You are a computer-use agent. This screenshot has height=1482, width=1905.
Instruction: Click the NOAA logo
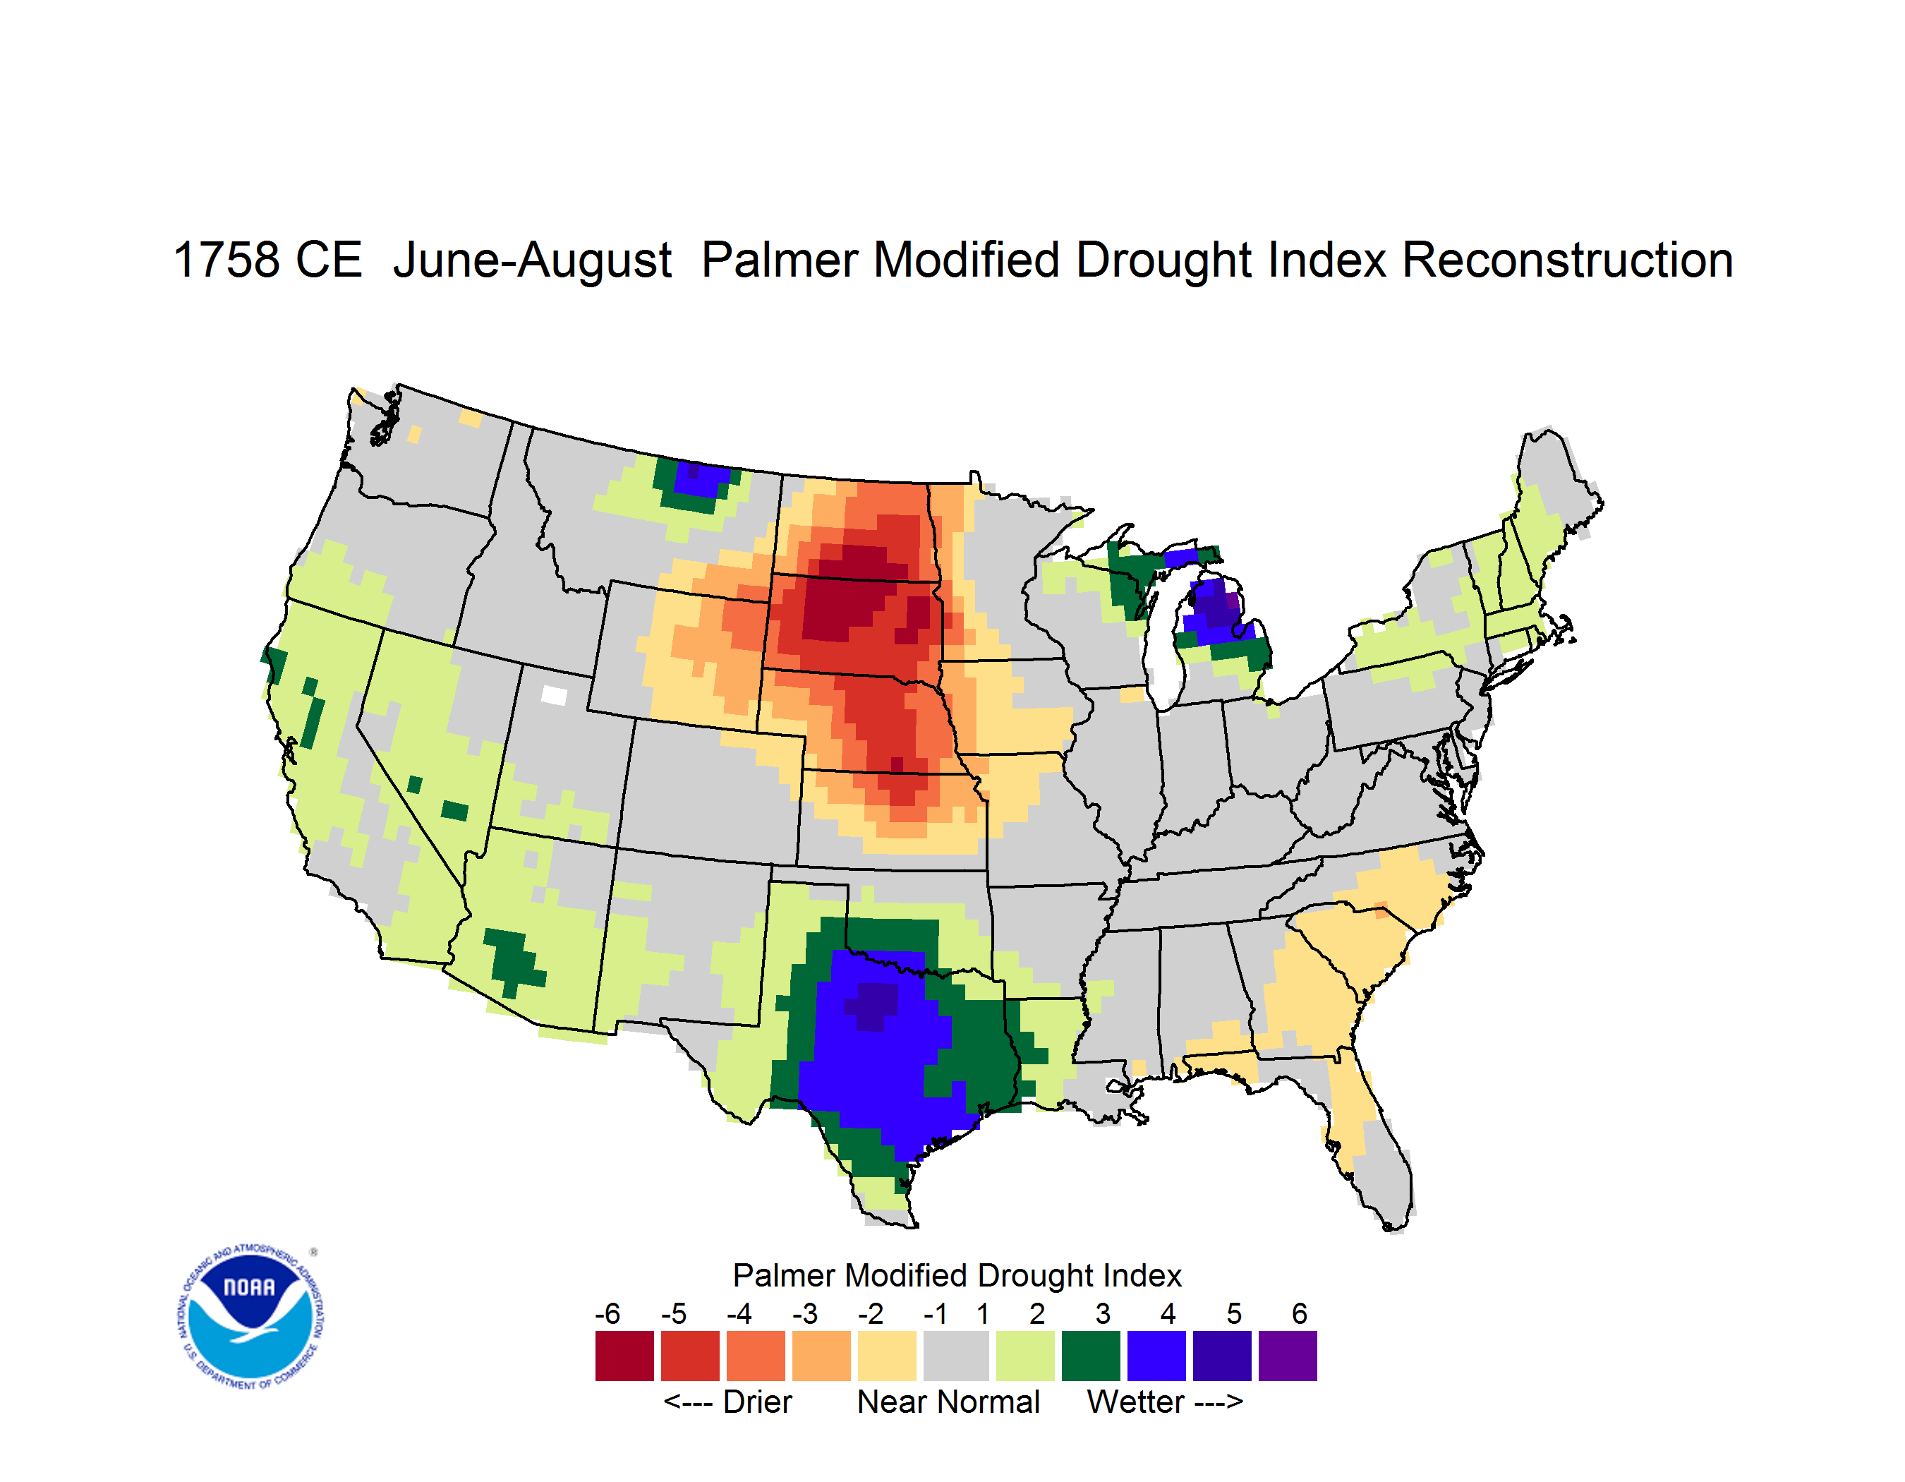pyautogui.click(x=250, y=1316)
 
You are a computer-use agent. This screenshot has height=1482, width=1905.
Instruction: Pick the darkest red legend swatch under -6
pyautogui.click(x=624, y=1356)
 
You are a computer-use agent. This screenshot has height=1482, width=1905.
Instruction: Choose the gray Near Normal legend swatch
pyautogui.click(x=956, y=1356)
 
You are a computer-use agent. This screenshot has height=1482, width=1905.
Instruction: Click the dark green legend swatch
pyautogui.click(x=1090, y=1356)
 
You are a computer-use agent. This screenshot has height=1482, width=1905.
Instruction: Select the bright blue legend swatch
pyautogui.click(x=1156, y=1356)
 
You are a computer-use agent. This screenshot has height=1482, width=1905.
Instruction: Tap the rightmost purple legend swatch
pyautogui.click(x=1288, y=1356)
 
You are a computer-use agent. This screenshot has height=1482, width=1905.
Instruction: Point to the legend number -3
pyautogui.click(x=805, y=1313)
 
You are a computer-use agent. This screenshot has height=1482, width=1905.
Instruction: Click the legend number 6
pyautogui.click(x=1300, y=1313)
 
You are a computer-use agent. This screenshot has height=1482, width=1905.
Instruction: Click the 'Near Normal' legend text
pyautogui.click(x=948, y=1402)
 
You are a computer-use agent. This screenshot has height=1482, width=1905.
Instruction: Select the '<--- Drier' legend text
pyautogui.click(x=727, y=1402)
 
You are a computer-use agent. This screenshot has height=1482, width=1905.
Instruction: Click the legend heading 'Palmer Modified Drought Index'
pyautogui.click(x=957, y=1275)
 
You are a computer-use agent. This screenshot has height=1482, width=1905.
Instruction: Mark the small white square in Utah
pyautogui.click(x=554, y=695)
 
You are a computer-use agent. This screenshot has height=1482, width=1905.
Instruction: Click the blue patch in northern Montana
pyautogui.click(x=701, y=479)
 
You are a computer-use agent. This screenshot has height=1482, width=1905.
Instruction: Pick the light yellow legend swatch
pyautogui.click(x=887, y=1356)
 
